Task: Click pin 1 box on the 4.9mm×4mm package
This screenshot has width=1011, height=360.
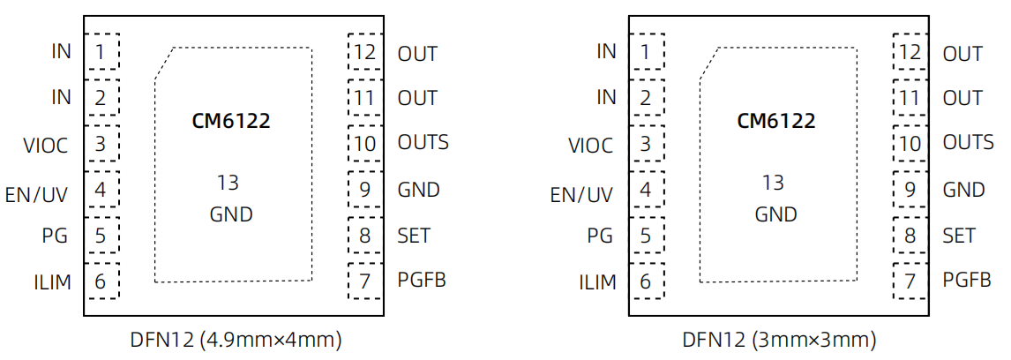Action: coord(101,52)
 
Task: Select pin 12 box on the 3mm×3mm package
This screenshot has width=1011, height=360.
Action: coord(910,52)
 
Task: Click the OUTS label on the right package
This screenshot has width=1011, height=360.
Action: coord(968,142)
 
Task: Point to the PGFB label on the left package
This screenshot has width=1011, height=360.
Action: coord(422,281)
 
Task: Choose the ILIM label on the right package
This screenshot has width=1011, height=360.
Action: coord(597,282)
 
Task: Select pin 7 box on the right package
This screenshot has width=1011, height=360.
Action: coord(910,281)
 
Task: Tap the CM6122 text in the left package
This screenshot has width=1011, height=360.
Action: coord(231,121)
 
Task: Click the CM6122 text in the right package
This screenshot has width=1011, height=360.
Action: coord(776,121)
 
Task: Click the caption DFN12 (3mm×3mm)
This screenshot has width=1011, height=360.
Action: coord(779,340)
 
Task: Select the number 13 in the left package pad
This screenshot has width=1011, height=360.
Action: coord(228,183)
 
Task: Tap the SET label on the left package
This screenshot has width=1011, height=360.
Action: coord(415,236)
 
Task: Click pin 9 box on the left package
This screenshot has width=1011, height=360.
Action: coord(364,189)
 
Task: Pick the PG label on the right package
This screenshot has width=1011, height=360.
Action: coord(600,236)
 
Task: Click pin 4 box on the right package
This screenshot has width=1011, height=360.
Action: coord(647,189)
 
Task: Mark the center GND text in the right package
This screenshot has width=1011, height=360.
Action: coord(775,214)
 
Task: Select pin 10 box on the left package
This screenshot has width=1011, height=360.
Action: coord(364,143)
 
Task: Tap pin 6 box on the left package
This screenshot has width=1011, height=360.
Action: coord(101,281)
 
